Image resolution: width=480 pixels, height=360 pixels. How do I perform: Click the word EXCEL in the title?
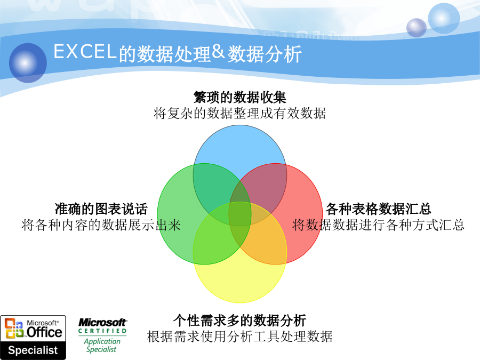pyautogui.click(x=85, y=51)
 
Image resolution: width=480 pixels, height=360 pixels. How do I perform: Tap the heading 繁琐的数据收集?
pyautogui.click(x=239, y=98)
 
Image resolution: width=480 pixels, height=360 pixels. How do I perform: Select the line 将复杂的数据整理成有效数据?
pyautogui.click(x=239, y=113)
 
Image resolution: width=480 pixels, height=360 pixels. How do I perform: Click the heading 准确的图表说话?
pyautogui.click(x=101, y=209)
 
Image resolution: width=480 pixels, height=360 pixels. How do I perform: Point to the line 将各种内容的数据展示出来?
pyautogui.click(x=101, y=225)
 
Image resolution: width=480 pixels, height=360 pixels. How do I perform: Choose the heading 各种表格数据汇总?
pyautogui.click(x=378, y=209)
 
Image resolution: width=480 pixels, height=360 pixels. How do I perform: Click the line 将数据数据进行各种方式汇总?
pyautogui.click(x=378, y=225)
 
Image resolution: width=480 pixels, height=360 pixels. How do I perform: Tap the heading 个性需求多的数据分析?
pyautogui.click(x=239, y=321)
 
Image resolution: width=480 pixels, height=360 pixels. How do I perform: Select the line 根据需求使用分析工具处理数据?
pyautogui.click(x=239, y=337)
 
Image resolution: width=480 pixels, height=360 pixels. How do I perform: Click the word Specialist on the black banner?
pyautogui.click(x=33, y=350)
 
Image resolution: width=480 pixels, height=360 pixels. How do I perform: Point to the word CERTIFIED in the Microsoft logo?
pyautogui.click(x=102, y=331)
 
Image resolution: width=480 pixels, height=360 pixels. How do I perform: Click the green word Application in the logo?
pyautogui.click(x=102, y=341)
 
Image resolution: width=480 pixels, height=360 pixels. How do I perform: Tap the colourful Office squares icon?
pyautogui.click(x=14, y=328)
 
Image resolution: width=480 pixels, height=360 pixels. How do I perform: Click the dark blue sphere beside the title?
pyautogui.click(x=28, y=63)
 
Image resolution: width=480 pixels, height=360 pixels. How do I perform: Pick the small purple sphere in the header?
pyautogui.click(x=417, y=28)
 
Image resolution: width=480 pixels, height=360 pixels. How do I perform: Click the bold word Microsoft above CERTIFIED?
pyautogui.click(x=102, y=322)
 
